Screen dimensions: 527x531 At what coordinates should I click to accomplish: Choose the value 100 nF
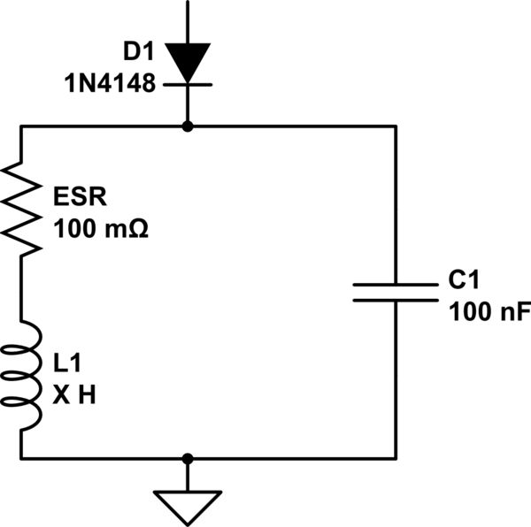478,311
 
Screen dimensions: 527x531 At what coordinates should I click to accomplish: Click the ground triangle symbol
187,505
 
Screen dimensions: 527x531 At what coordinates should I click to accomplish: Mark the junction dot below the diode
187,126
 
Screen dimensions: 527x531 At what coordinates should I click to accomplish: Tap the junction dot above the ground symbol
187,458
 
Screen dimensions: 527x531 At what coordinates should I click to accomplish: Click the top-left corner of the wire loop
21,126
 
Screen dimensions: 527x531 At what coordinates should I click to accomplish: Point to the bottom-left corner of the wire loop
21,458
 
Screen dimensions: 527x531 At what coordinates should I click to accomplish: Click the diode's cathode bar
187,84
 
